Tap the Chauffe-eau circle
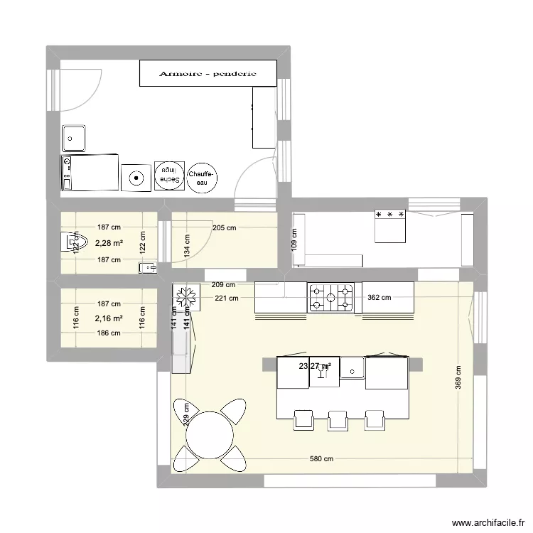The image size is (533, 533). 203,178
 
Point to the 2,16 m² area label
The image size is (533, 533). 109,318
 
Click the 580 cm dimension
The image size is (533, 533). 322,459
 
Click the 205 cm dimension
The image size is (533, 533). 224,228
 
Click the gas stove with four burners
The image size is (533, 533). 330,297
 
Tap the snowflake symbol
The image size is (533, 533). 186,298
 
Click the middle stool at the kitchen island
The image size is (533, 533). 338,419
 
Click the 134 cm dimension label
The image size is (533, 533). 186,245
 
